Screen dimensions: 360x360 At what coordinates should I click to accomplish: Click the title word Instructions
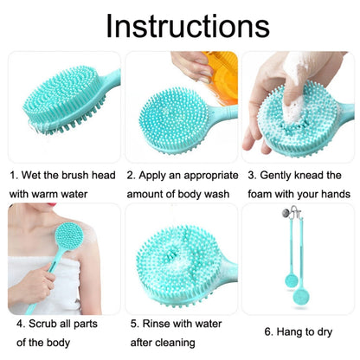tap(188, 26)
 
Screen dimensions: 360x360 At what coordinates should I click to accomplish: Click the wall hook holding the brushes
tap(292, 213)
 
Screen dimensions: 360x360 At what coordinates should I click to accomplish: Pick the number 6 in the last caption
tap(267, 331)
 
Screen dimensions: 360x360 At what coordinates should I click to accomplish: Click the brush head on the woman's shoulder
tap(69, 236)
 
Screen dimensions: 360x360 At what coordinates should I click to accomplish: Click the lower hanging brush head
tap(301, 296)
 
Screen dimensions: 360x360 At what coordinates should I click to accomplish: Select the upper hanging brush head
tap(292, 280)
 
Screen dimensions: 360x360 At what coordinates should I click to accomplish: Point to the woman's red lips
tap(52, 204)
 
